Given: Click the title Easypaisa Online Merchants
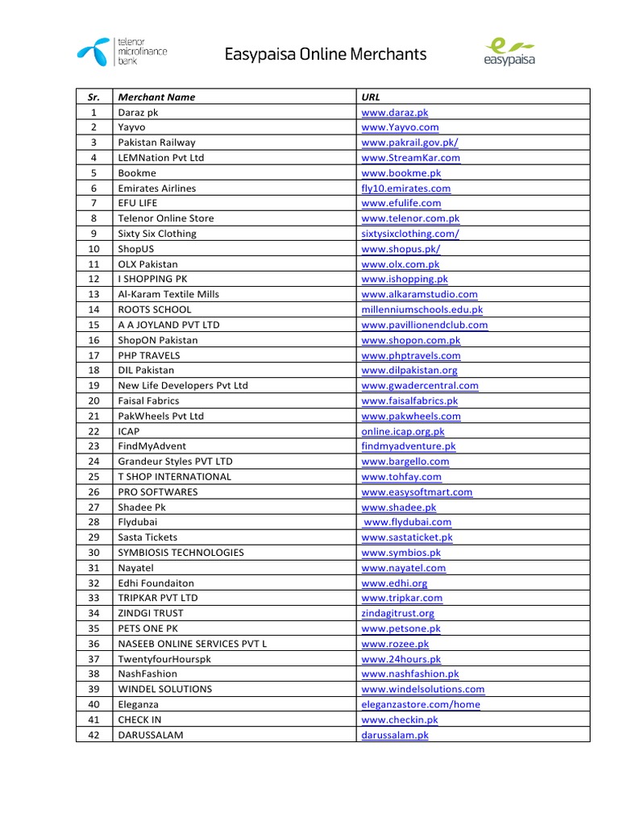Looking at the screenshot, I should click(325, 55).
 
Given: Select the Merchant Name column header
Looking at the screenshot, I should click(156, 97).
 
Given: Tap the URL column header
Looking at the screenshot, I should click(371, 97).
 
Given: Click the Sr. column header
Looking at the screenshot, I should click(93, 97).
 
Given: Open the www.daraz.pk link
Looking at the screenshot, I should click(394, 113).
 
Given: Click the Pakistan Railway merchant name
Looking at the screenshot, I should click(156, 143).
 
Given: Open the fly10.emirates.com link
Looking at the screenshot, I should click(406, 189).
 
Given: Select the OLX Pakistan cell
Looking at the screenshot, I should click(147, 264).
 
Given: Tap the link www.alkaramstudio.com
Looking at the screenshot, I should click(419, 295).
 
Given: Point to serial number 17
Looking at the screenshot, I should click(93, 355).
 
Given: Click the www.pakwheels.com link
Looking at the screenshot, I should click(411, 417).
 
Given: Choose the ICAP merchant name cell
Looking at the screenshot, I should click(129, 431).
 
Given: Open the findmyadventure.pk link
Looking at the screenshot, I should click(409, 446).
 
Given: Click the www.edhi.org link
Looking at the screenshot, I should click(394, 583).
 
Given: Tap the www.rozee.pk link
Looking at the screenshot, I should click(395, 644).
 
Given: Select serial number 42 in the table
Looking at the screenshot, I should click(93, 735).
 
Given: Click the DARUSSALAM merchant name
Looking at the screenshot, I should click(151, 735).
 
